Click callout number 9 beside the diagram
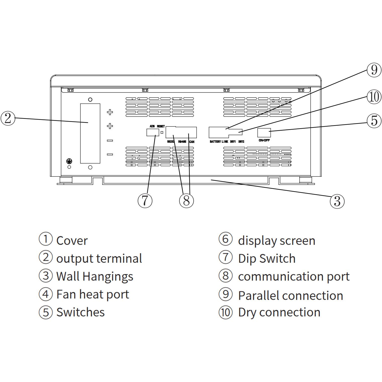tap(374, 70)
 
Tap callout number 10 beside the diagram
tap(374, 97)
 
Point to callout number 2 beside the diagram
tap(8, 118)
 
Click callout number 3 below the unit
tap(337, 201)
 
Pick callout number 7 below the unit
tap(145, 201)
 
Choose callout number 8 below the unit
tap(186, 201)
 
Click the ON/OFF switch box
tap(264, 132)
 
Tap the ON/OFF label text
tap(264, 140)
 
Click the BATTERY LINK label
tap(219, 142)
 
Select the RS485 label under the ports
tap(182, 142)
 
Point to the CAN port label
tap(192, 142)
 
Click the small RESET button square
tap(162, 132)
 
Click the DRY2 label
tap(241, 142)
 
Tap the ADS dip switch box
tap(153, 132)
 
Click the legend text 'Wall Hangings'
tap(94, 276)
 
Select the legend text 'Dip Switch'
tap(267, 259)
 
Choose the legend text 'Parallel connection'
tap(291, 296)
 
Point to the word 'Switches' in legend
tap(80, 312)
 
